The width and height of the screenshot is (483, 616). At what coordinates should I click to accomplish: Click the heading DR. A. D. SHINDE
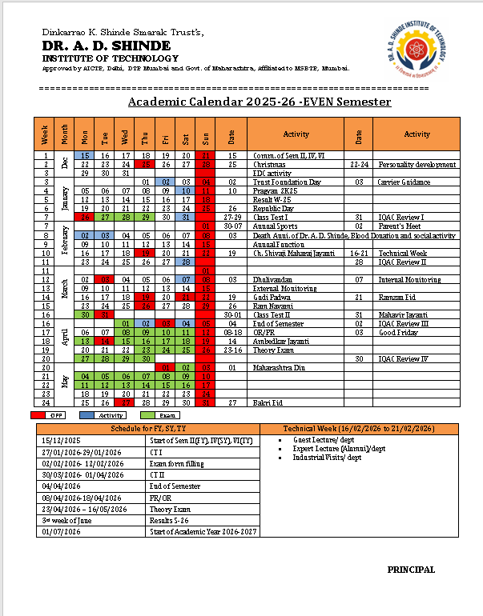click(107, 46)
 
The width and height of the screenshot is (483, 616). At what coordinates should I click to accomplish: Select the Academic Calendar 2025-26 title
click(260, 102)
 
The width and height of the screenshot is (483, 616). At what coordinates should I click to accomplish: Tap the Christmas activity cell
click(268, 164)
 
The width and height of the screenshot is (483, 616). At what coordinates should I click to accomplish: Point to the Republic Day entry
click(271, 208)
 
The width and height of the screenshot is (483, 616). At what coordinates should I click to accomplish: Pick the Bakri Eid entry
click(266, 402)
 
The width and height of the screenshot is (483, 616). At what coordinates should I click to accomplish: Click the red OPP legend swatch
click(48, 415)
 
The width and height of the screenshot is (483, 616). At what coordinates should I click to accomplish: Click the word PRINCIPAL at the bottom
click(411, 570)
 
